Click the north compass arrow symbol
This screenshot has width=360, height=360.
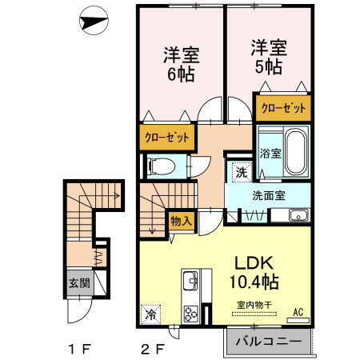[x=95, y=22]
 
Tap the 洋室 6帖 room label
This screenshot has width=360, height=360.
[x=181, y=63]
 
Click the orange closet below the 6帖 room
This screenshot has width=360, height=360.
[x=167, y=137]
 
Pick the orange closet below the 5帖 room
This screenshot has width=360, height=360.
[x=282, y=106]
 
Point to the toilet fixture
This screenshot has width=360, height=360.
[x=160, y=166]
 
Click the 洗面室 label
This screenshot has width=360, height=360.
[x=268, y=194]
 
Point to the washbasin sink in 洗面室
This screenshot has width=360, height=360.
[x=298, y=214]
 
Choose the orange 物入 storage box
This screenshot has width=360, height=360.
[x=181, y=220]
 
